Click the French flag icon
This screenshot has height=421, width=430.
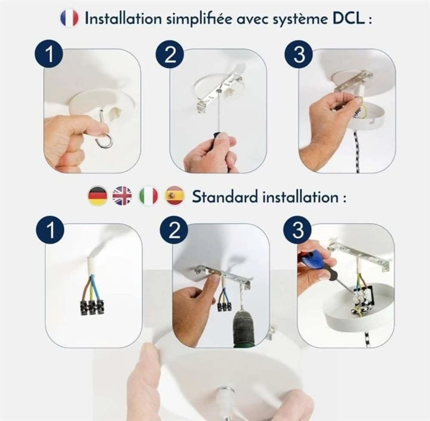coord(69,18)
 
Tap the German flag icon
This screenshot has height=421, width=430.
coord(97,196)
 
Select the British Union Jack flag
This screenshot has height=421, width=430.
coord(122,196)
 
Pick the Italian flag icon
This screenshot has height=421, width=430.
coord(148,196)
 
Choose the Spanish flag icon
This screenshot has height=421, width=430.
coord(174,196)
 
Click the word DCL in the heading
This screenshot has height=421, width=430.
coord(349,19)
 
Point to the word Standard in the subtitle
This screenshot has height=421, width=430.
coord(225,196)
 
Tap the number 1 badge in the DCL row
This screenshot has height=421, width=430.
coord(49,54)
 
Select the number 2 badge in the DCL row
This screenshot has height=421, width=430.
coord(170,54)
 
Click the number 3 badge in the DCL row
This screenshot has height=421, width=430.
coord(299,54)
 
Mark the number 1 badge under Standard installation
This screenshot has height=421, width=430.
coord(50,229)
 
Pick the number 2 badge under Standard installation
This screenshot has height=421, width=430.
coord(174,229)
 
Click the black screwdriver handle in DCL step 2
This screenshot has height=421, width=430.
coord(219,140)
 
